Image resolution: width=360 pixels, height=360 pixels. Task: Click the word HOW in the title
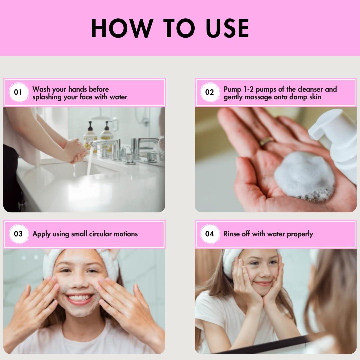coord(122,28)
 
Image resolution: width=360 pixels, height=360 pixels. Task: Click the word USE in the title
coord(227,28)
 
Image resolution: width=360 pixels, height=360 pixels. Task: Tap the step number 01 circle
coord(18,92)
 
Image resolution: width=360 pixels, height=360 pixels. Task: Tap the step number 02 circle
coord(210,92)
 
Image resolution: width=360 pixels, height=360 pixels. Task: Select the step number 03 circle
coord(18,234)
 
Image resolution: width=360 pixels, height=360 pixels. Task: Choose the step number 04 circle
coord(210,234)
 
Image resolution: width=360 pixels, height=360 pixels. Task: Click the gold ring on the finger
coord(266,141)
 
